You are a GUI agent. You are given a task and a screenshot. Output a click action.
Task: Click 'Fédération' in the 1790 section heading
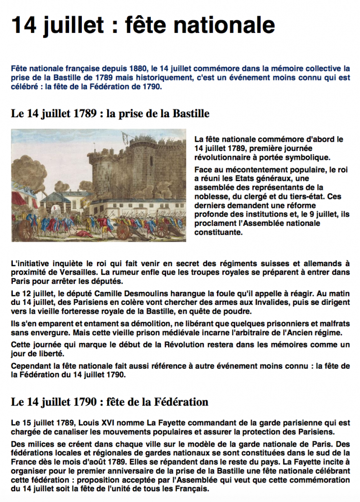182,402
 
